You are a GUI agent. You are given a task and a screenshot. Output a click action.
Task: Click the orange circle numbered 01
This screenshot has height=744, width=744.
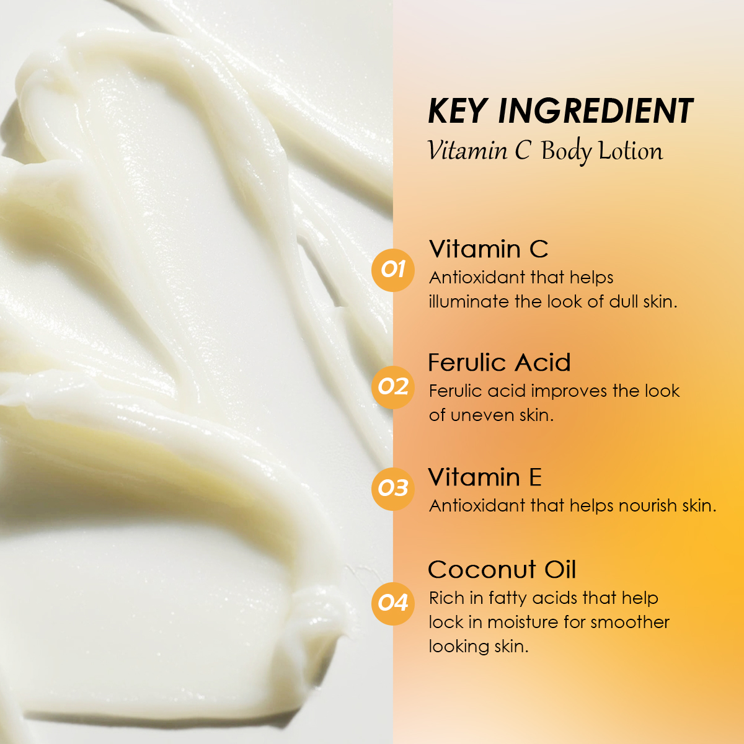click(392, 270)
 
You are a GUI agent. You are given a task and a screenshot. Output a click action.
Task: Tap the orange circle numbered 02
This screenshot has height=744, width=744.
click(392, 387)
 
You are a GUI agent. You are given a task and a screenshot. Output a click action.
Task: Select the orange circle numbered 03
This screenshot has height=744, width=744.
click(392, 489)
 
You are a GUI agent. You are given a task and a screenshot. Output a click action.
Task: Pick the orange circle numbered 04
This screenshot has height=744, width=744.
click(392, 603)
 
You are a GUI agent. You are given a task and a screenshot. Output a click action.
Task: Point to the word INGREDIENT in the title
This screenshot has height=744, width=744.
click(595, 111)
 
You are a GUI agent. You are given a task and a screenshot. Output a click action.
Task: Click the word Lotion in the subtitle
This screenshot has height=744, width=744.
click(631, 151)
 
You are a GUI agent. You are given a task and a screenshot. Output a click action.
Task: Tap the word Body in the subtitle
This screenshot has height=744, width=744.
click(567, 152)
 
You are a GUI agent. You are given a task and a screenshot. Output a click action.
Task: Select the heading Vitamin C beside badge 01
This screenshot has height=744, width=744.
click(489, 249)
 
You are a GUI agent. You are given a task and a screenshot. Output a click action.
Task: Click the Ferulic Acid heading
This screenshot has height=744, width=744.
click(499, 363)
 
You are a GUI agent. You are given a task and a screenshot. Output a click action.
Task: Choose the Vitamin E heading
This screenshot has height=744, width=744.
click(485, 477)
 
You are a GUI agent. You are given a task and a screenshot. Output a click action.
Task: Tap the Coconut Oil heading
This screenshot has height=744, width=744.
click(502, 570)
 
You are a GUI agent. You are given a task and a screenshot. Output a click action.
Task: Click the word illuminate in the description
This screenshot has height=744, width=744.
click(469, 301)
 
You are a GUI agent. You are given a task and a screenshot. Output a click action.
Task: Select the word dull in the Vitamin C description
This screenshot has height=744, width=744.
click(624, 301)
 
